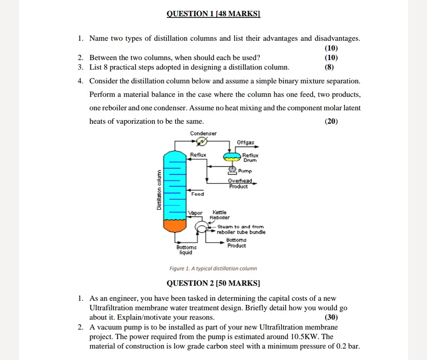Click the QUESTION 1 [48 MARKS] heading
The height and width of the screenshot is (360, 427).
(213, 14)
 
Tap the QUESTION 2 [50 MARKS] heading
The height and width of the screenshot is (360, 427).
(213, 283)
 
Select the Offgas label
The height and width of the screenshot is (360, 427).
(245, 142)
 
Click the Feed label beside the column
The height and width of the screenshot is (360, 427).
(197, 194)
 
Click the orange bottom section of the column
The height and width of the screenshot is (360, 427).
(175, 226)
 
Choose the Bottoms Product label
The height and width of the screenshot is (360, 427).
(236, 243)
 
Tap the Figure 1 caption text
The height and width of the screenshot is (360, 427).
(213, 269)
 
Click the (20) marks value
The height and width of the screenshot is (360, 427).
(331, 121)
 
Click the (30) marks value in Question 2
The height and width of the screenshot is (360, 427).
(331, 317)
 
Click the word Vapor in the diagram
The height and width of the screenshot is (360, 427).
(195, 213)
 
